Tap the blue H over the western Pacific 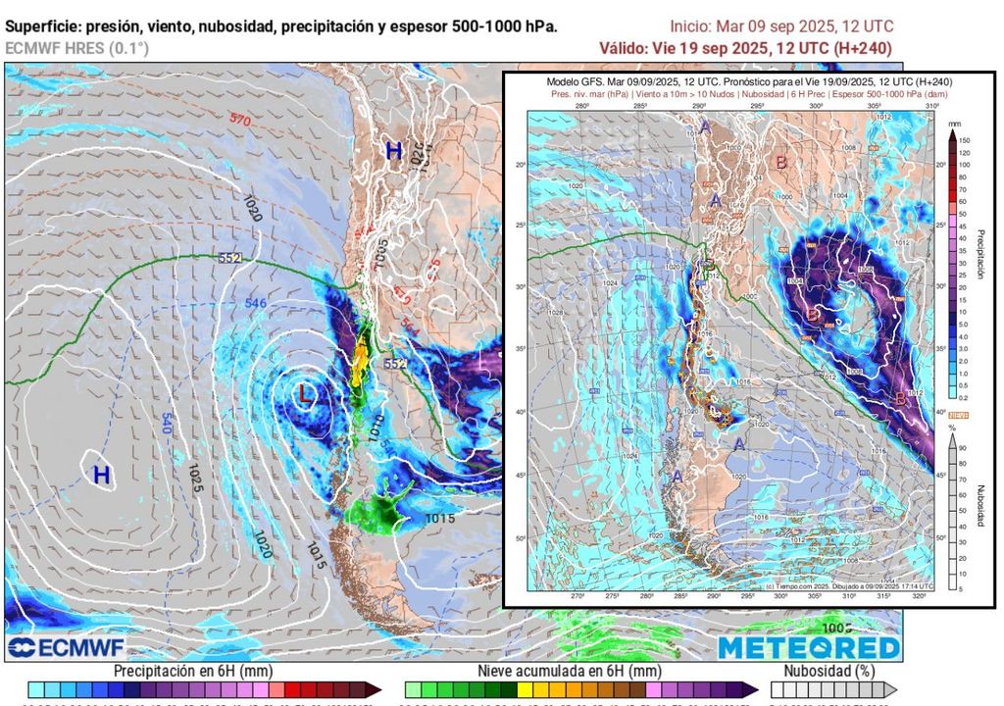click(100, 476)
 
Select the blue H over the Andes click(393, 151)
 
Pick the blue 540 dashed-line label click(166, 424)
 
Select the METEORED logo click(809, 647)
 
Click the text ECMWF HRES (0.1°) click(76, 48)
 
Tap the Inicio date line click(781, 26)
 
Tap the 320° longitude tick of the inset click(919, 596)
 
